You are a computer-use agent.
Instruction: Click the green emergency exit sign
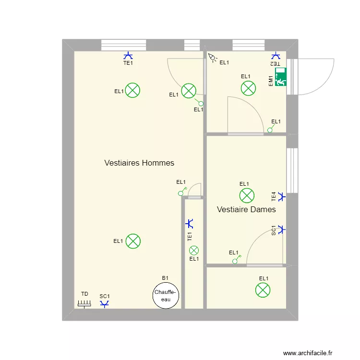[281, 77]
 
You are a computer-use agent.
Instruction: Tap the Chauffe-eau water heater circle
[166, 295]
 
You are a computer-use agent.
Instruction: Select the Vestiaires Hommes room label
[139, 163]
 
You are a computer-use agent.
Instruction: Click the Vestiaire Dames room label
[246, 209]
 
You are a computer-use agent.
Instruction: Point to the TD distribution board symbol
[84, 304]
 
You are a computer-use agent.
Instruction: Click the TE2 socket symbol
[276, 56]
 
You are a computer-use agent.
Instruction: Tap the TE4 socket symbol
[282, 197]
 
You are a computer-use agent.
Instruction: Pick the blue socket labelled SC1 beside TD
[105, 304]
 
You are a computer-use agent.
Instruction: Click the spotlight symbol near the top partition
[212, 58]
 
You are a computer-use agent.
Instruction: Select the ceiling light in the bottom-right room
[263, 290]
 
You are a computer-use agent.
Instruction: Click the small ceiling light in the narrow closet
[194, 251]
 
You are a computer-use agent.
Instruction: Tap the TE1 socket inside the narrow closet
[190, 224]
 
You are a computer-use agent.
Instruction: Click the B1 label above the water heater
[165, 278]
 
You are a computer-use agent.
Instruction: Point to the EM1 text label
[271, 81]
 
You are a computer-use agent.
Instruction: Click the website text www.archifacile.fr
[308, 353]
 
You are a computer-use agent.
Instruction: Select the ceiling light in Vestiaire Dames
[247, 196]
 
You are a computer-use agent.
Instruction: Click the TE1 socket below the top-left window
[128, 56]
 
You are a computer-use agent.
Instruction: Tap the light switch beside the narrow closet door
[182, 192]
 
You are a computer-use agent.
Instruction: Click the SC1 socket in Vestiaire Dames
[282, 229]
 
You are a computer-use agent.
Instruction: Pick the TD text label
[84, 294]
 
